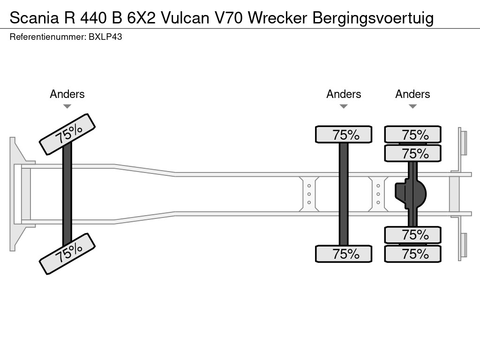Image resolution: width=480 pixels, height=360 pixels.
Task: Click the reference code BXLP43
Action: click(105, 37)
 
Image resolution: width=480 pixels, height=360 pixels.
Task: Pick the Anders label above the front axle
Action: click(67, 94)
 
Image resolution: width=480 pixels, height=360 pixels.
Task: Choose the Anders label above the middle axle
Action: click(344, 94)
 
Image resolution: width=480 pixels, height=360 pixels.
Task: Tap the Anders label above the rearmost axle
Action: click(412, 94)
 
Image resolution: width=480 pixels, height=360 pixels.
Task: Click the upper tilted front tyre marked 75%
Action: click(67, 134)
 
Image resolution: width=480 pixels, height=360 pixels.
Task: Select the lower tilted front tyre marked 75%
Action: click(67, 253)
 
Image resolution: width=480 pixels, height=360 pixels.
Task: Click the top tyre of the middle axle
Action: click(344, 135)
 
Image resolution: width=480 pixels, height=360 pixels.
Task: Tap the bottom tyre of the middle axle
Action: click(344, 254)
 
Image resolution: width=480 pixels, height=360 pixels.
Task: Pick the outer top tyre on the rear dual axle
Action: click(412, 135)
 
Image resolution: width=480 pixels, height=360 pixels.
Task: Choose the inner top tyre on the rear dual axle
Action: click(412, 153)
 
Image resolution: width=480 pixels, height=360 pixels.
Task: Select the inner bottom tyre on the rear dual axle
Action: click(412, 234)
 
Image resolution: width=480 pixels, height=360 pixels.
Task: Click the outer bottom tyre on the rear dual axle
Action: click(412, 254)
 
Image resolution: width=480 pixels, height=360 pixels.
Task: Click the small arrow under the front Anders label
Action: click(67, 106)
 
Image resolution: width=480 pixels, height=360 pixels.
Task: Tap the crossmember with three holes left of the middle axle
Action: click(309, 194)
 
